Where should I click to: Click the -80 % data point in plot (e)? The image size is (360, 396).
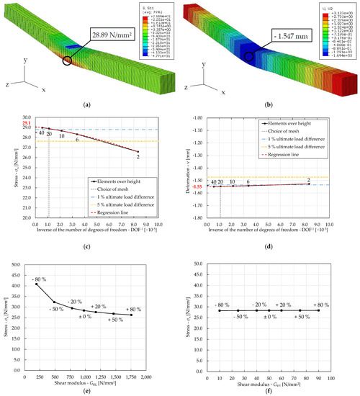pyautogui.click(x=36, y=284)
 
